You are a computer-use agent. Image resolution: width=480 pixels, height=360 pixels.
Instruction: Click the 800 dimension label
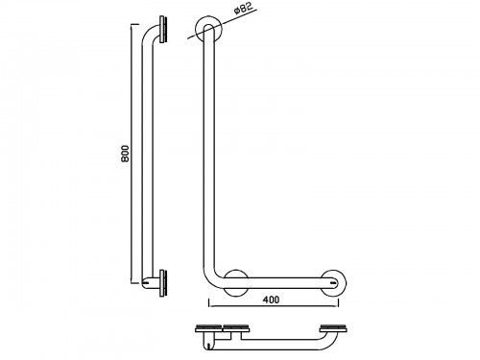tap(125, 154)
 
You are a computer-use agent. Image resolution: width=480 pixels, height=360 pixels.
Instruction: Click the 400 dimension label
tap(271, 300)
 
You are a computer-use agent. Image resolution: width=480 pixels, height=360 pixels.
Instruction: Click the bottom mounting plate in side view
tap(163, 283)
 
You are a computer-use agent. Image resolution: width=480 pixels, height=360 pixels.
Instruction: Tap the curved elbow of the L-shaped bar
tap(210, 279)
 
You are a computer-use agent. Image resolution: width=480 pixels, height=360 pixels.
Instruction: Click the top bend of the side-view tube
tap(148, 34)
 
